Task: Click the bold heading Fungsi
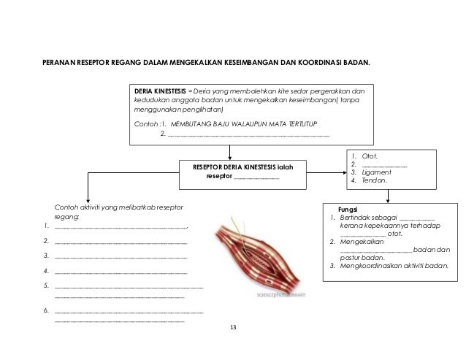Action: pyautogui.click(x=348, y=208)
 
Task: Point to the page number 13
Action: pyautogui.click(x=233, y=326)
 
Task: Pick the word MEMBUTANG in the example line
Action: pyautogui.click(x=196, y=123)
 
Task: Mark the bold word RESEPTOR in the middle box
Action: pyautogui.click(x=207, y=167)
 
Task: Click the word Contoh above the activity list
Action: pyautogui.click(x=67, y=208)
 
